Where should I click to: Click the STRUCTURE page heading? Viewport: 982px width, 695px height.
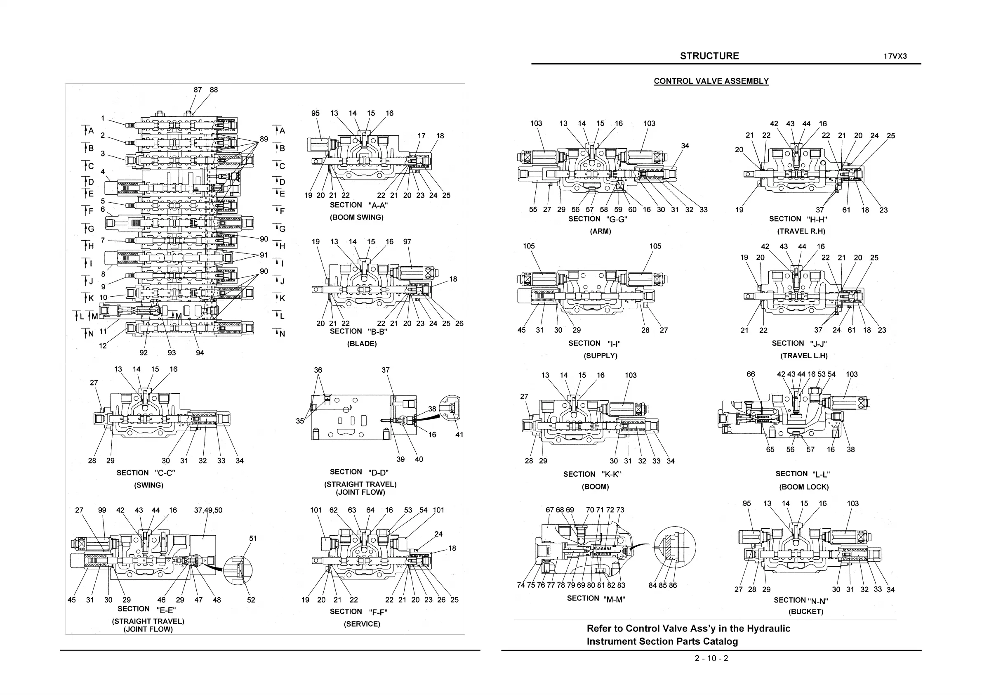click(x=709, y=56)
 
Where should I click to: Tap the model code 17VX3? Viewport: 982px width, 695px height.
click(x=895, y=57)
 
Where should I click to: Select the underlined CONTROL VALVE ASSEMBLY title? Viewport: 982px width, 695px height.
click(x=711, y=81)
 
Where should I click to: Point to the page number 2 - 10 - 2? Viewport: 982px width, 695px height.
click(x=711, y=658)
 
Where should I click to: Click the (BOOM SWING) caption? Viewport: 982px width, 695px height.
click(x=356, y=217)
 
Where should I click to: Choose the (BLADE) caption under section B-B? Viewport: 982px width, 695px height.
click(x=362, y=344)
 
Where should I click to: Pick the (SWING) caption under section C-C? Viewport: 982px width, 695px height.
click(x=148, y=485)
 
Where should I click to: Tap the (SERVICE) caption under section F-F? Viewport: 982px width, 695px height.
click(x=362, y=624)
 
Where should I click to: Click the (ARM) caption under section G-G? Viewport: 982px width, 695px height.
click(x=601, y=232)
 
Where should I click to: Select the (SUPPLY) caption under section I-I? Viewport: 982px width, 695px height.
click(x=601, y=356)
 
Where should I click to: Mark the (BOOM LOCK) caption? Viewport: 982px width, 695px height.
click(x=804, y=487)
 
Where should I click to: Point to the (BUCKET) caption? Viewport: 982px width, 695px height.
click(x=806, y=612)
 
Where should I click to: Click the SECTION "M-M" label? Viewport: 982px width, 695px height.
click(x=596, y=598)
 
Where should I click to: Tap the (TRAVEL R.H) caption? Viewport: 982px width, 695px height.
click(x=801, y=232)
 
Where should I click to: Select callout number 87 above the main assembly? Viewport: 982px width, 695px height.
click(x=198, y=90)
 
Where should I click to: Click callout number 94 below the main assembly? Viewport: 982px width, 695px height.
click(x=200, y=352)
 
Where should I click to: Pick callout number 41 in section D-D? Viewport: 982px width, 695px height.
click(x=459, y=435)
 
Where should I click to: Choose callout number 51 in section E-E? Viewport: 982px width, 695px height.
click(x=253, y=538)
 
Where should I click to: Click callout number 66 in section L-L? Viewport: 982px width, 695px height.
click(x=751, y=374)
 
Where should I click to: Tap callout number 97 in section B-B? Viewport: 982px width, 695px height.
click(x=407, y=242)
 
